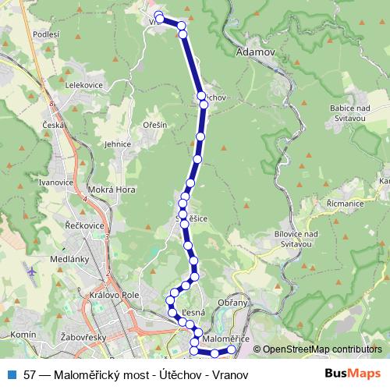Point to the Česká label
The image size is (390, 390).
point(53,125)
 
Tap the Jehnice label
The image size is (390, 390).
point(118,144)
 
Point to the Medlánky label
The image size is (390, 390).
point(68,258)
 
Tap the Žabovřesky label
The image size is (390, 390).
point(83,338)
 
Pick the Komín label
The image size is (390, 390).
point(24,334)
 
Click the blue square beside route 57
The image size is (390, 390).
point(11,374)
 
